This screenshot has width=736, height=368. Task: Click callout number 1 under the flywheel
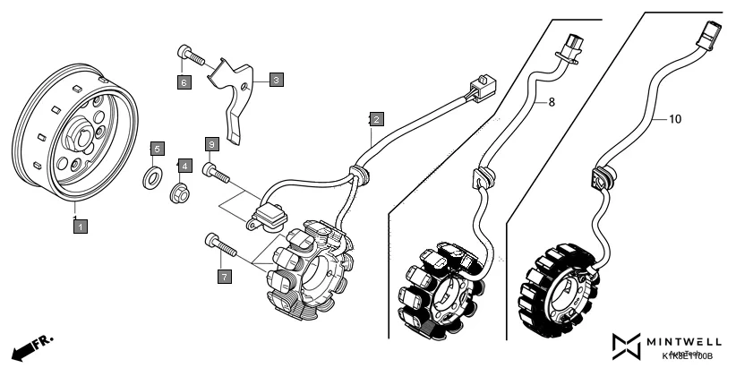[80, 227]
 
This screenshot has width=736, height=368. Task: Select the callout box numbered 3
[276, 80]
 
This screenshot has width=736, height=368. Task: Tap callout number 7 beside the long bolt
[223, 276]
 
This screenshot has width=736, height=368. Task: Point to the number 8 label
[552, 103]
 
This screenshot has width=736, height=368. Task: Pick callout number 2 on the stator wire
[377, 118]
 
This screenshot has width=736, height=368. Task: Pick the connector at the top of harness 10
[712, 33]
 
